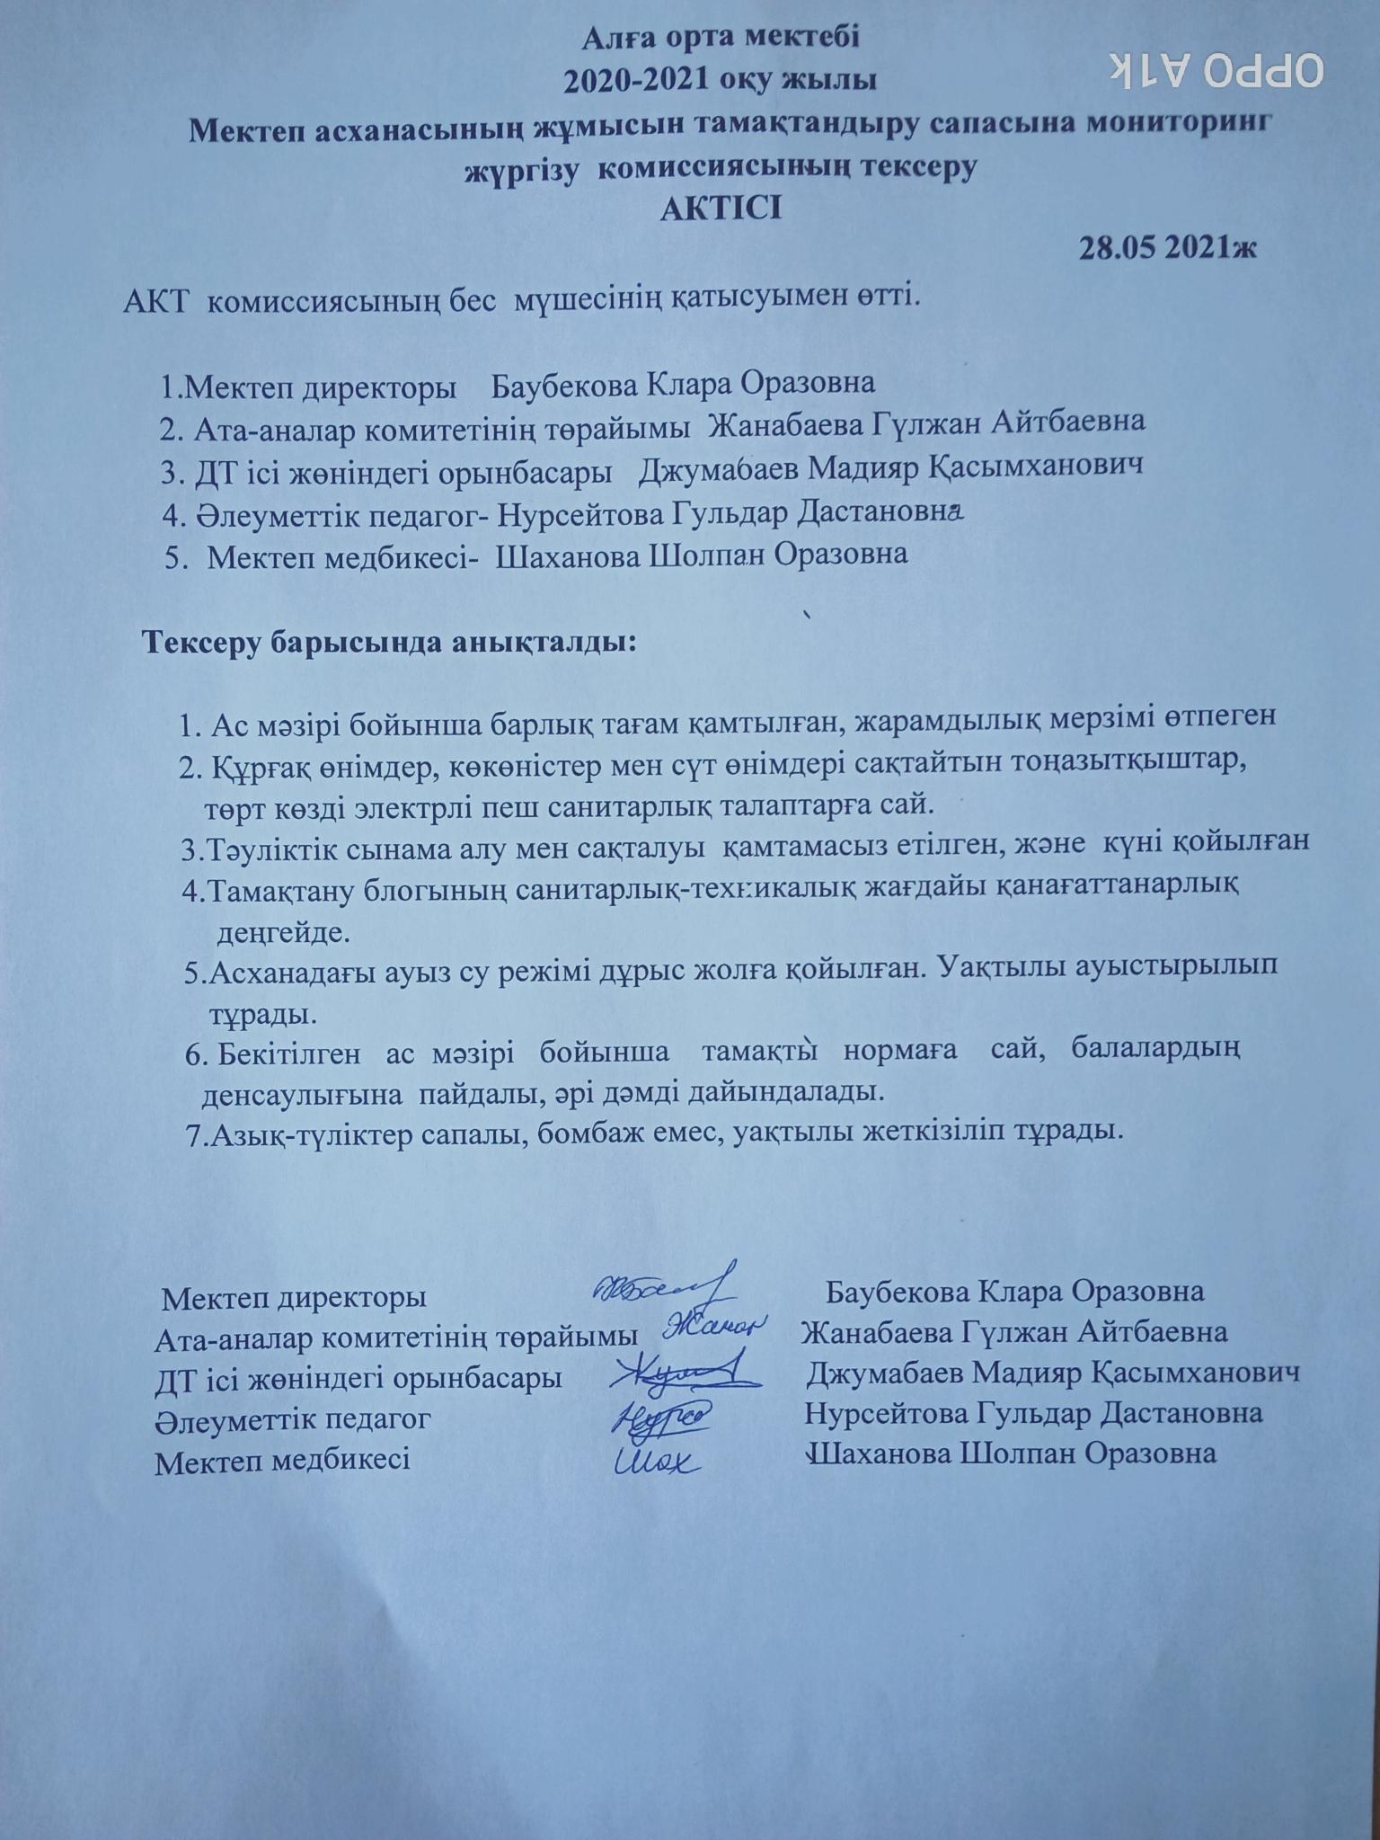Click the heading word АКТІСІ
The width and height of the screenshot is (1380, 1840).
[721, 209]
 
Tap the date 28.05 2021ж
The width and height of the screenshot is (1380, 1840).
[1166, 248]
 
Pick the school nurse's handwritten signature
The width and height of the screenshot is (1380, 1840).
[656, 1459]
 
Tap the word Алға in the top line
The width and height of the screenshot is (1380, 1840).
[615, 39]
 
